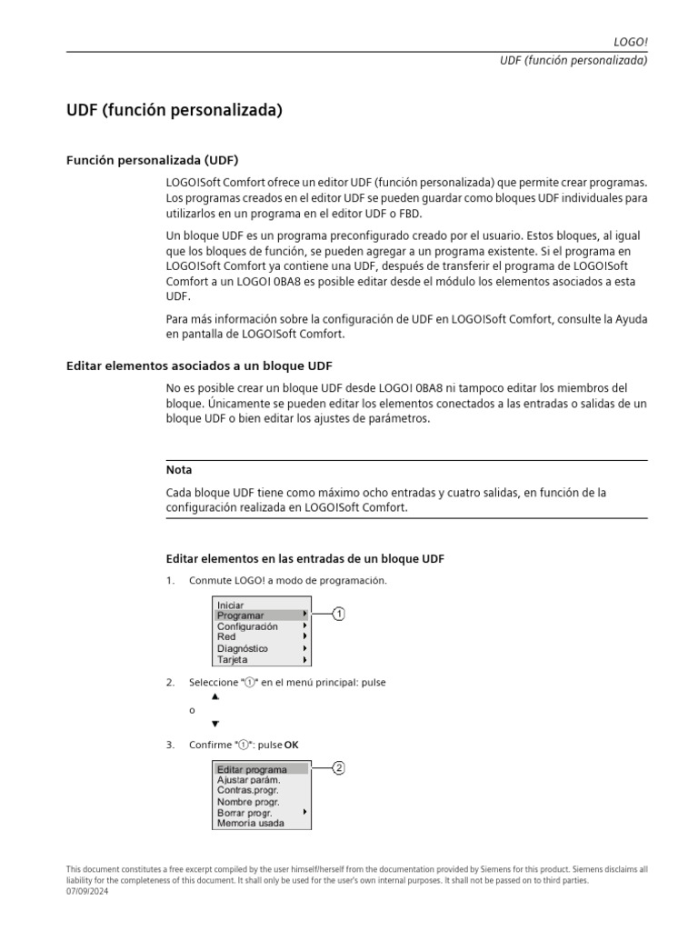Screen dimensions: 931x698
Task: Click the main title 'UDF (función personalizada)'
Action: tap(174, 111)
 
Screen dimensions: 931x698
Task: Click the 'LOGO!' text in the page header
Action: tap(631, 42)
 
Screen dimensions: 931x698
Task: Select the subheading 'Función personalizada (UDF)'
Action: tap(152, 160)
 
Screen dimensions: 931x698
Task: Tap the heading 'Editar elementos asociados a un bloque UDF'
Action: tap(199, 365)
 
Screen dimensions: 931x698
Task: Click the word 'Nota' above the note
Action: tap(179, 470)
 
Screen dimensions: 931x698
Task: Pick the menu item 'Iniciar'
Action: tap(231, 605)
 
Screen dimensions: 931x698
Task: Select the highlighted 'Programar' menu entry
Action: tap(241, 616)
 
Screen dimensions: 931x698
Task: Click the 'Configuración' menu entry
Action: tap(247, 626)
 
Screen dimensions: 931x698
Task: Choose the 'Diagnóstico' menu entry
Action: tap(243, 648)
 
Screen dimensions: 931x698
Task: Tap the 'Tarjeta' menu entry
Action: tap(233, 659)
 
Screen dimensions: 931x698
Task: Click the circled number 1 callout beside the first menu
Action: tap(338, 615)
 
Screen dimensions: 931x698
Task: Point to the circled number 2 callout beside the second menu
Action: tap(338, 768)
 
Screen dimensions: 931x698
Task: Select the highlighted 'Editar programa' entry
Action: tap(252, 769)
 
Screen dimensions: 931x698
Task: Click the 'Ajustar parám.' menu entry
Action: tap(248, 780)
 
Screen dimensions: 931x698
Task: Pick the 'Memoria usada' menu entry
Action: tap(250, 823)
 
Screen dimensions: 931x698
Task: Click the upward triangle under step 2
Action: tap(215, 696)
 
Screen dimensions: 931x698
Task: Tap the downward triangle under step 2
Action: tap(215, 724)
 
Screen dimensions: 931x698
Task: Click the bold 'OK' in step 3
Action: tap(291, 746)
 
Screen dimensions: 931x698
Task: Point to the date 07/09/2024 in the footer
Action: tap(87, 891)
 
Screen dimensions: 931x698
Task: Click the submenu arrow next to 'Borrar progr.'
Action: tap(304, 812)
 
